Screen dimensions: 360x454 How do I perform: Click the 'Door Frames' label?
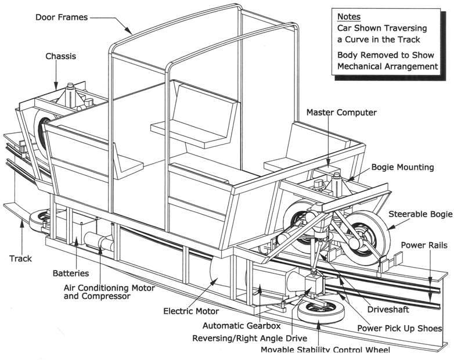pos(61,17)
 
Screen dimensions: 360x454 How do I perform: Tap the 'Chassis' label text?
pos(61,56)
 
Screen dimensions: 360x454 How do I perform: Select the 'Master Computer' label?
pos(341,112)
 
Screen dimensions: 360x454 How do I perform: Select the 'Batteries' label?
pos(71,273)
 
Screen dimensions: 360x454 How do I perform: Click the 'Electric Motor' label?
pos(190,311)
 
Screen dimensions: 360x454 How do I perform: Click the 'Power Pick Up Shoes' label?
pos(400,328)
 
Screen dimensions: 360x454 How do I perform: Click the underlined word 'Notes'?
pos(349,17)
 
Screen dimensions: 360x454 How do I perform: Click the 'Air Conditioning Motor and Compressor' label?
pos(96,290)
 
